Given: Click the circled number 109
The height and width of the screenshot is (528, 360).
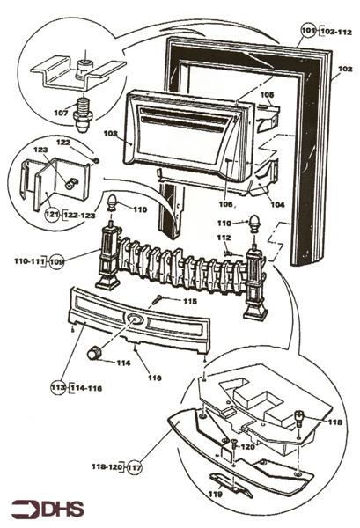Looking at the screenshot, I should click(x=57, y=261).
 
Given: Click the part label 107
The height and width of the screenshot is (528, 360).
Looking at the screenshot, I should click(x=62, y=114).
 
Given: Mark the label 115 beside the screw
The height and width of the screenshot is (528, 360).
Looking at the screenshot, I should click(x=189, y=301).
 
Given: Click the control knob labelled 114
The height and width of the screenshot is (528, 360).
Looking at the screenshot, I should click(x=92, y=353).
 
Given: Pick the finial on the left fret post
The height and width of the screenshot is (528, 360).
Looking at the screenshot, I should click(x=112, y=204).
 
